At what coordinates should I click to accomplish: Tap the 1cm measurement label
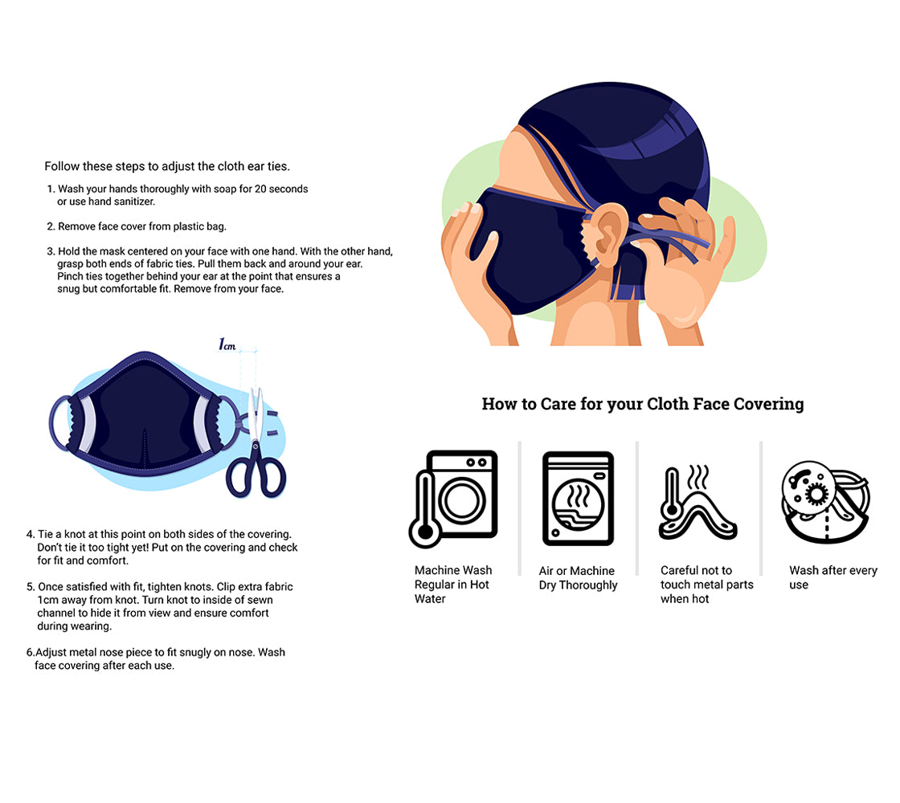point(227,344)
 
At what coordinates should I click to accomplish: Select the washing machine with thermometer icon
point(453,499)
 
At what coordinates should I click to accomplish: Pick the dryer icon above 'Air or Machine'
point(578,498)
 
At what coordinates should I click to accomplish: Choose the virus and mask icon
point(825,502)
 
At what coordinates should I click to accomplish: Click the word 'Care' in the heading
point(558,404)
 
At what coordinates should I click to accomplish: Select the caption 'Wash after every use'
point(832,577)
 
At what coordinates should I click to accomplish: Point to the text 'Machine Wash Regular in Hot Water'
point(453,585)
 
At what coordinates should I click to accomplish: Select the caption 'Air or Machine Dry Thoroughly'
point(578,578)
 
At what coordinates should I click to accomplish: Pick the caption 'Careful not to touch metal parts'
point(706,577)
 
